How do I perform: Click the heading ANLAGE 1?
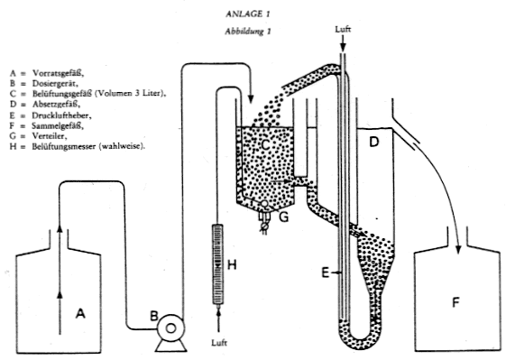pos(248,14)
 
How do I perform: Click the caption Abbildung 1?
pos(248,32)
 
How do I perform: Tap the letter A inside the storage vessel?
pos(80,313)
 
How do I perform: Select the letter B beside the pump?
pos(154,316)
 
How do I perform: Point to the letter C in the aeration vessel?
pos(265,144)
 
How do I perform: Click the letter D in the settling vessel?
pos(373,142)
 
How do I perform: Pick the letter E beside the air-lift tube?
pos(326,272)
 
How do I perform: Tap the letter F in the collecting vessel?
pos(455,302)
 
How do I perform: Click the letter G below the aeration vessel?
pos(283,217)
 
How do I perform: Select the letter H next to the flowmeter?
pos(232,265)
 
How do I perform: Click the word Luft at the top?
pos(343,29)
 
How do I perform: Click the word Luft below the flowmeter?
pos(219,343)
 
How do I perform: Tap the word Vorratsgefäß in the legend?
pos(58,73)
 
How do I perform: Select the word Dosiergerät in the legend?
pos(55,83)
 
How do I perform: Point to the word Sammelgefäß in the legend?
pos(58,126)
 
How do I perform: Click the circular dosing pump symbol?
pos(170,328)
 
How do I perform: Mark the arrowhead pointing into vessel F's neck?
pos(458,249)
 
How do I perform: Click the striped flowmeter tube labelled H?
pos(218,264)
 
